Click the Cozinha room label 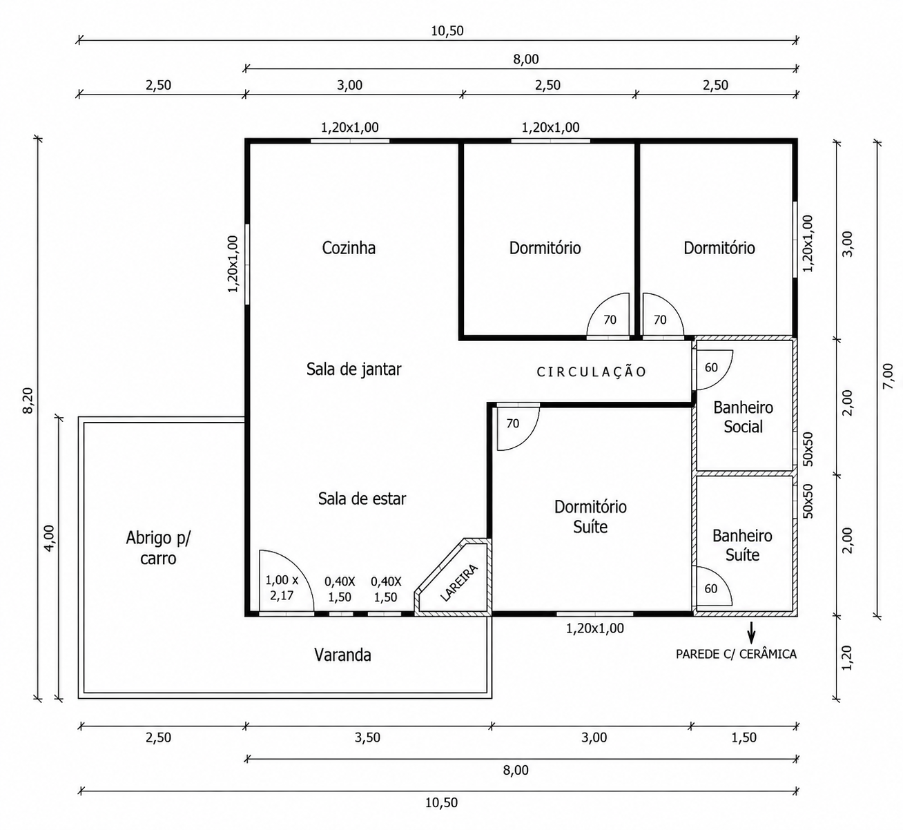(349, 248)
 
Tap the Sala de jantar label (354, 369)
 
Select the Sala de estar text (362, 499)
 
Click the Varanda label (342, 655)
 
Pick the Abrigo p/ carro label (158, 548)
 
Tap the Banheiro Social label (744, 417)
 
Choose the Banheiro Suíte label (742, 546)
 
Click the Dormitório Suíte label (590, 517)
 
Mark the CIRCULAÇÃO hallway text (592, 372)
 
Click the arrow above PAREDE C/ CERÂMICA (751, 633)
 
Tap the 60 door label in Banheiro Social (711, 368)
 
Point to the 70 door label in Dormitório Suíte (513, 424)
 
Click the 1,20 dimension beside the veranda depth (847, 658)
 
